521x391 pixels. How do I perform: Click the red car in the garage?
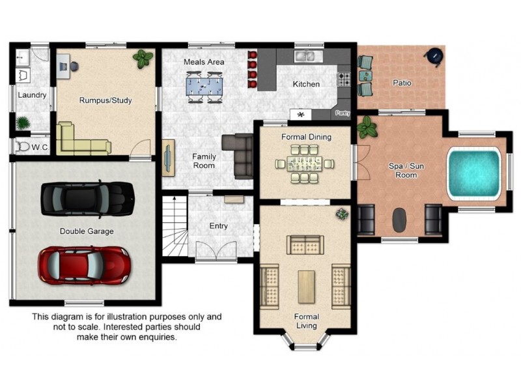[x=83, y=265]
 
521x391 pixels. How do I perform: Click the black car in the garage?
[x=87, y=198]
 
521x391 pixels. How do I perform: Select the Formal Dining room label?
[x=306, y=137]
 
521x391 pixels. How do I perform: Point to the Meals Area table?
[x=204, y=85]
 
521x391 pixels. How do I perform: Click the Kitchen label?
[x=306, y=84]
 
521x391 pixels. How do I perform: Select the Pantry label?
[x=343, y=113]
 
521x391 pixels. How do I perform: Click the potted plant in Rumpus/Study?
[x=143, y=59]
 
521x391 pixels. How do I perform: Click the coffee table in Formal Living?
[x=306, y=285]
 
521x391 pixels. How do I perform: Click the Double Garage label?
[x=87, y=231]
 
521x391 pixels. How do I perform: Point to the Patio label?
[x=401, y=83]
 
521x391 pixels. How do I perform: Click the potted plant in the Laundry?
[x=23, y=123]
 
